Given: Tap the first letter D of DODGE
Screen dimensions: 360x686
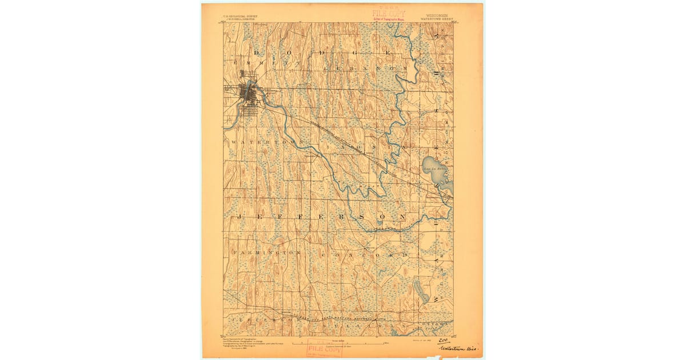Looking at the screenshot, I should pyautogui.click(x=256, y=53).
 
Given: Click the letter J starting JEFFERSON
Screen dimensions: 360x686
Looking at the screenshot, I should pyautogui.click(x=240, y=218).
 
